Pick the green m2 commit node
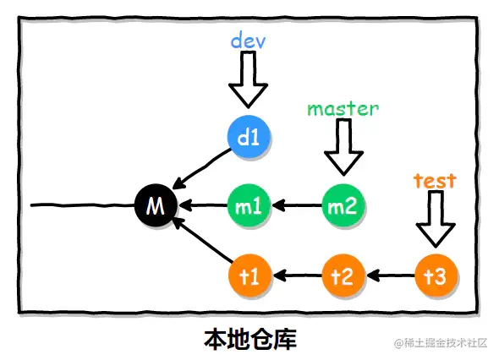click(x=343, y=205)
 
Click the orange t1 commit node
click(x=249, y=275)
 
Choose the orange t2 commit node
click(x=343, y=275)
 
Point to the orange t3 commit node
click(x=436, y=275)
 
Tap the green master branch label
click(x=343, y=108)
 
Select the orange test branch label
click(x=435, y=180)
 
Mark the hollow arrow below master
click(x=343, y=147)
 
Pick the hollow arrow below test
click(x=436, y=219)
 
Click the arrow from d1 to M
click(x=203, y=169)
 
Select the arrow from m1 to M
click(x=203, y=205)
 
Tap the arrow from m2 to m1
click(x=296, y=205)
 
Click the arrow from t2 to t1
click(x=296, y=275)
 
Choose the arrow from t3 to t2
click(x=389, y=275)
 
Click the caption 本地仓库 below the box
click(x=250, y=339)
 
